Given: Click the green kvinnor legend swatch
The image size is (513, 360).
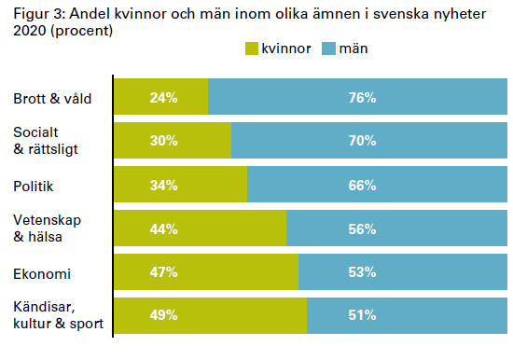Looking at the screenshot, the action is point(252,48).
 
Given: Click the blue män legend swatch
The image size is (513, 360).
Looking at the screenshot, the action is point(328,48).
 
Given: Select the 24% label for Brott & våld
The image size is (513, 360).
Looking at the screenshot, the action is point(163,98).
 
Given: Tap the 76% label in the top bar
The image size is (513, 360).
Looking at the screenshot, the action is point(362,98).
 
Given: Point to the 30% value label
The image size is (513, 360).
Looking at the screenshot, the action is point(163,141).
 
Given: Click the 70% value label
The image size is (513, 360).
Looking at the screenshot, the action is point(362,141).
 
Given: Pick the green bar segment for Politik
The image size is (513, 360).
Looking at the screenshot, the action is point(181,185).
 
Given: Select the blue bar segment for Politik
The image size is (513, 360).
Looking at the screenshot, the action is point(377,185).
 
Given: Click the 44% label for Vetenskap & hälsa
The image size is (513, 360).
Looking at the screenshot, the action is point(163,228).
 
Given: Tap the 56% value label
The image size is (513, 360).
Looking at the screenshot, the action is point(362,228).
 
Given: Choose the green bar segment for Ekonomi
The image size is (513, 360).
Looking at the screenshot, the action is point(206,271).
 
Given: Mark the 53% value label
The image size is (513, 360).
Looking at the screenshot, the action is point(362,272).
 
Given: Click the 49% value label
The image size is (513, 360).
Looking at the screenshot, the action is point(163,315).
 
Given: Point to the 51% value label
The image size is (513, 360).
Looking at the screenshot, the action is point(362,315).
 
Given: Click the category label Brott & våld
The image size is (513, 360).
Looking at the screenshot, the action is point(52,99).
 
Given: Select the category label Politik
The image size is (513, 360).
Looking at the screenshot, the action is point(33,187).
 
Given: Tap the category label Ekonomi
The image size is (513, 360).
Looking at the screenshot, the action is point(42,274).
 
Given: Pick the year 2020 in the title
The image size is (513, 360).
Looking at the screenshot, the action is point(30,31).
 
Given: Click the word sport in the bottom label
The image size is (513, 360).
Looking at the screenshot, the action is point(87,324).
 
